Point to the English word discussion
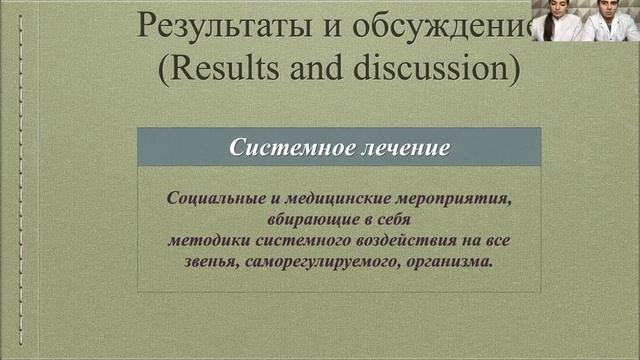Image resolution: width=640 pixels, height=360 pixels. (431, 68)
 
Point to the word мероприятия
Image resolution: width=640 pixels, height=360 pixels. (459, 198)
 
